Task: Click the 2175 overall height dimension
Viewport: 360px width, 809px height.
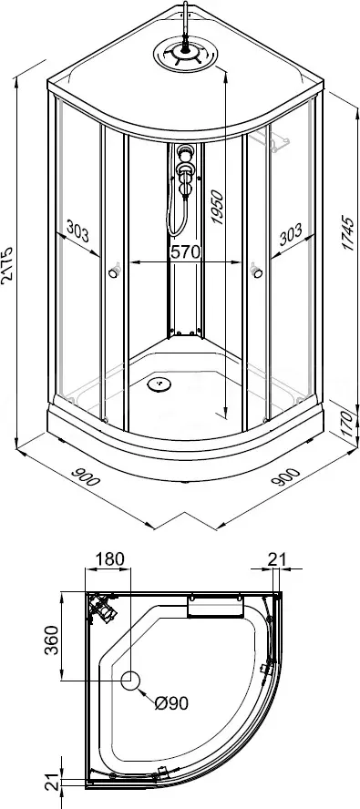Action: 8,265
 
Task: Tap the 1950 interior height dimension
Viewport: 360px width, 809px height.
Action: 218,208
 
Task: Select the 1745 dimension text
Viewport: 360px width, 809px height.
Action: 349,233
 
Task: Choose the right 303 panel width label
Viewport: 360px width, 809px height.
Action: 290,236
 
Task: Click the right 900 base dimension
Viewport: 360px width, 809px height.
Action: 284,476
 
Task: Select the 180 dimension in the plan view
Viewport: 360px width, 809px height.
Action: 109,558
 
